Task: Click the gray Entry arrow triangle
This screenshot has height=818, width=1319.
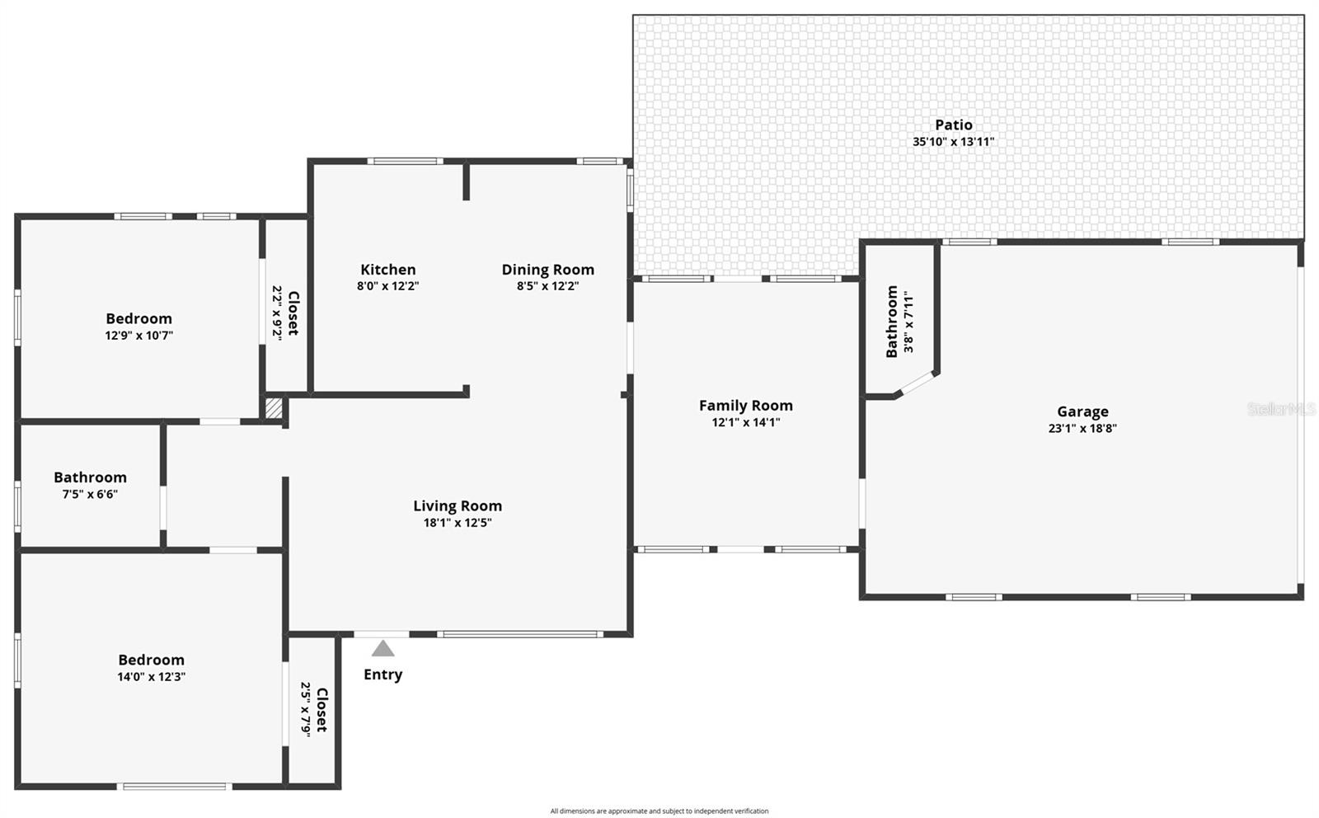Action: [x=383, y=649]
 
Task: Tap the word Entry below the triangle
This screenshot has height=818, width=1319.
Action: [x=383, y=675]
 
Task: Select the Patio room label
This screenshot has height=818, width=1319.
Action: [x=953, y=125]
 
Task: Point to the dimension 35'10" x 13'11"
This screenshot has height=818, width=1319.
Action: [x=953, y=142]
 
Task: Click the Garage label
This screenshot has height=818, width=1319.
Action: [x=1082, y=411]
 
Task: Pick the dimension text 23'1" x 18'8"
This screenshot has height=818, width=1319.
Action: [x=1082, y=428]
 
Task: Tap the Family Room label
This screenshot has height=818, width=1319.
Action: [x=745, y=406]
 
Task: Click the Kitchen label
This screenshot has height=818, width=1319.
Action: [x=387, y=270]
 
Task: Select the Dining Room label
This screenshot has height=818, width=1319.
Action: [x=547, y=270]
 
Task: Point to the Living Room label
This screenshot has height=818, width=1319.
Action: [x=457, y=506]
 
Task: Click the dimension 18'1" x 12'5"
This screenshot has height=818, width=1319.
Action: [x=457, y=523]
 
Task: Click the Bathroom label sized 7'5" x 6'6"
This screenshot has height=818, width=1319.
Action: [x=90, y=477]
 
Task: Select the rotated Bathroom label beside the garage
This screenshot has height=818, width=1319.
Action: [x=891, y=322]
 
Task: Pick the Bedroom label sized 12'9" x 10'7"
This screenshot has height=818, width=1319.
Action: [x=138, y=319]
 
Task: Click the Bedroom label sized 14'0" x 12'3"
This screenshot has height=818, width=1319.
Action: [x=151, y=660]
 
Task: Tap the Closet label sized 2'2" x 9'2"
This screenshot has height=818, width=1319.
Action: [x=293, y=313]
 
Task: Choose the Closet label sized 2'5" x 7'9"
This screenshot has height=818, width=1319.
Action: [x=321, y=709]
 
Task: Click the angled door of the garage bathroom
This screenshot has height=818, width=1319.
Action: [x=916, y=384]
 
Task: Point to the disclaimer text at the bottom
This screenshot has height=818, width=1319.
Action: [x=659, y=811]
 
